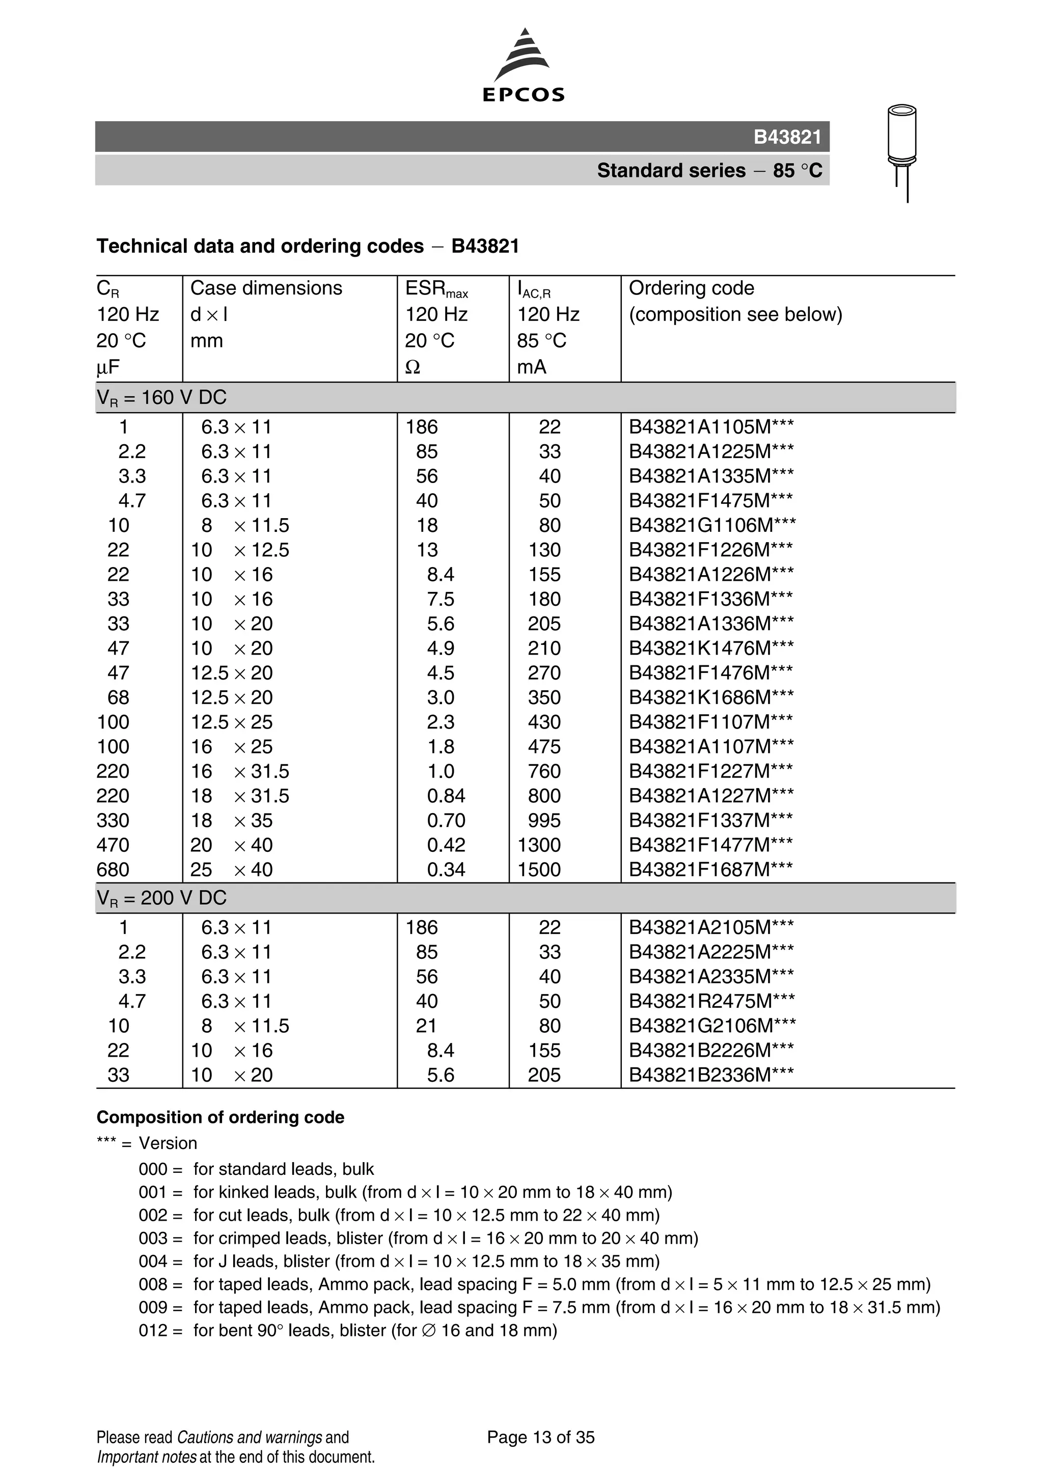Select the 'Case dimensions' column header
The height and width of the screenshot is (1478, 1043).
click(x=266, y=288)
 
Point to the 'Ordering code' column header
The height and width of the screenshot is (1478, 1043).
click(x=691, y=288)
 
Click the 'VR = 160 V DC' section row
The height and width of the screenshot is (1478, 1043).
click(x=161, y=398)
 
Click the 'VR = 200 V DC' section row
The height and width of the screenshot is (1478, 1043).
click(x=161, y=898)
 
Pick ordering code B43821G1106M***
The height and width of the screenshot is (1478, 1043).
click(x=711, y=526)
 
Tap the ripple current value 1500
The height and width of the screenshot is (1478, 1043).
click(x=539, y=870)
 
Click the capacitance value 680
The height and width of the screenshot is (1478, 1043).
click(x=113, y=870)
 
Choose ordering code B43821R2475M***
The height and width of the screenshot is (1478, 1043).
click(x=711, y=1002)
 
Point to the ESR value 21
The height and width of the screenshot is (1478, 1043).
click(x=426, y=1026)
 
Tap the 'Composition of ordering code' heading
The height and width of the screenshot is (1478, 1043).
click(x=220, y=1117)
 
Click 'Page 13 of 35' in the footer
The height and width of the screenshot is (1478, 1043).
click(x=540, y=1437)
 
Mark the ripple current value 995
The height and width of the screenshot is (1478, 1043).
click(x=544, y=821)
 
